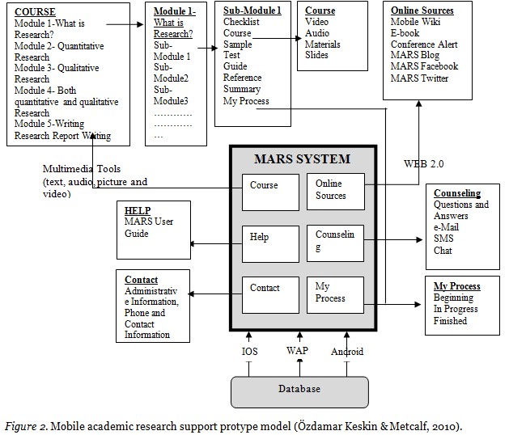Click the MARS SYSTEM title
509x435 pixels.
coord(303,158)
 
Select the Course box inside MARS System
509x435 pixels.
coord(270,191)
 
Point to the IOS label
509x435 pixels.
coord(250,352)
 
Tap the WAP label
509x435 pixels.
coord(297,352)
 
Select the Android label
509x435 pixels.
coord(347,352)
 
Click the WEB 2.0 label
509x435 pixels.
coord(423,163)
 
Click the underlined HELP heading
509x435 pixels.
coord(138,211)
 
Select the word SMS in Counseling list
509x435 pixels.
coord(443,239)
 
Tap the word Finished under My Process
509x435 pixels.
coord(450,321)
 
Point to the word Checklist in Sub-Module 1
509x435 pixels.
coord(241,22)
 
